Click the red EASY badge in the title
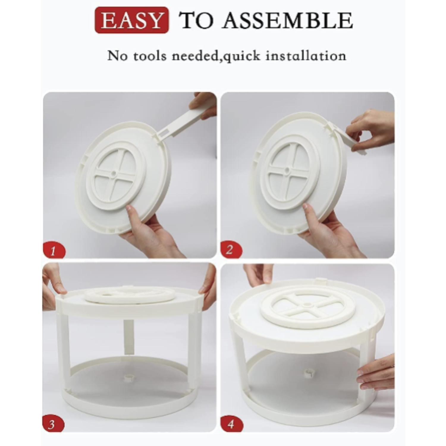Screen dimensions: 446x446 (x=131, y=20)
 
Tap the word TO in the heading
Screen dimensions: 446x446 (x=196, y=20)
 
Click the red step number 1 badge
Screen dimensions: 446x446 (x=54, y=251)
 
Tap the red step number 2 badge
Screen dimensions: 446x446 (x=231, y=250)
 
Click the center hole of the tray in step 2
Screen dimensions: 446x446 (x=287, y=170)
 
